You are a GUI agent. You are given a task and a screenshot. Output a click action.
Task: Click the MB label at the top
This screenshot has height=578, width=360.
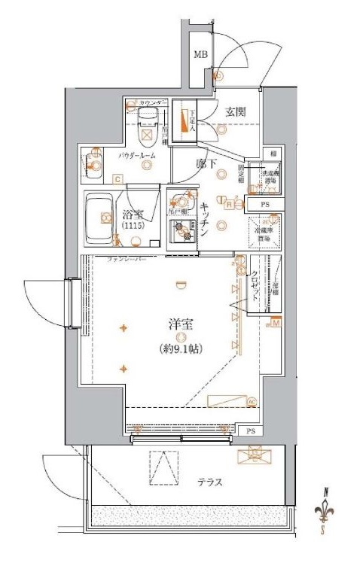[x=200, y=54]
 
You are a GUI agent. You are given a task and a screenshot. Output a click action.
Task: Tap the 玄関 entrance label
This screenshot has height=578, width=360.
[x=236, y=112]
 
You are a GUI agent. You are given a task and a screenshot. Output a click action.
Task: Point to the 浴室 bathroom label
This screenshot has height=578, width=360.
[x=133, y=214]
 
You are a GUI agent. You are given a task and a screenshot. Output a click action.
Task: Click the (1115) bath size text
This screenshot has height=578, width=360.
[x=133, y=226]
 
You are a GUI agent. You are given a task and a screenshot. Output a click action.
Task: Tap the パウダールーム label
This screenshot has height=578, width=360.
[x=137, y=154]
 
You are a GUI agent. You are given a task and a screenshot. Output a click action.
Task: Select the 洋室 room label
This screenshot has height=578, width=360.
[x=181, y=325]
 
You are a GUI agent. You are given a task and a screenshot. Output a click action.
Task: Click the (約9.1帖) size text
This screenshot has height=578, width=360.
[x=181, y=348]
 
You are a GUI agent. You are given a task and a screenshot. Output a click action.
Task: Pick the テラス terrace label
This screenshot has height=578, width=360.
[x=210, y=482]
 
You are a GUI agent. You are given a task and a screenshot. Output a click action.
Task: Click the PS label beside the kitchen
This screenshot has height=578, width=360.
[x=265, y=204]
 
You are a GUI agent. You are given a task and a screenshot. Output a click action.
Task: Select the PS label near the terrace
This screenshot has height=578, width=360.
[x=250, y=431]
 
